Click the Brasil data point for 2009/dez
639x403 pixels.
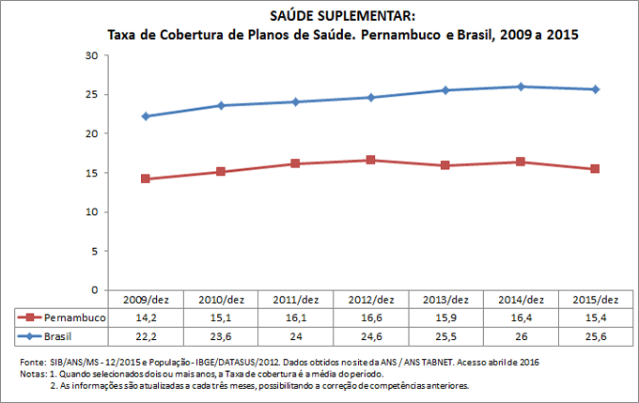coord(146,116)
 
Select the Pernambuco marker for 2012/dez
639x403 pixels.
coord(371,160)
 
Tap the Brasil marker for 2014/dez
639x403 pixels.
coord(521,86)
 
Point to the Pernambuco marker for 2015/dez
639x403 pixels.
coord(595,169)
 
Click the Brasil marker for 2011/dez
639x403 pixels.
coord(296,101)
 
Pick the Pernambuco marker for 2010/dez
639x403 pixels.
coord(221,172)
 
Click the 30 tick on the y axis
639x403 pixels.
coord(91,55)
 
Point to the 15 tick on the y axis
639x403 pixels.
coord(91,173)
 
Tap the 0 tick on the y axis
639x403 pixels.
coord(95,290)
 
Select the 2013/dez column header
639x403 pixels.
coord(445,300)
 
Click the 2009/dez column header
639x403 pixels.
coord(146,300)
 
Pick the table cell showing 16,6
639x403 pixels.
coord(370,318)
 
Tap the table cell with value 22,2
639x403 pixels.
coord(146,335)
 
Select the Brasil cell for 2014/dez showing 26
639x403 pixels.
coord(521,335)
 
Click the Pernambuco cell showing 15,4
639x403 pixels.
coord(595,318)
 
